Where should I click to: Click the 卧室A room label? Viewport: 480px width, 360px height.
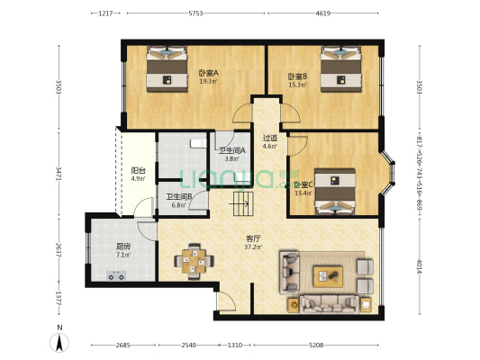click(x=208, y=76)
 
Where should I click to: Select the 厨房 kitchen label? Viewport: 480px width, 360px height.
click(x=122, y=250)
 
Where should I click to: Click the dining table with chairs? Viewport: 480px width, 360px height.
click(x=191, y=260)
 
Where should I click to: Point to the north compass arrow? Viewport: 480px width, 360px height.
click(x=59, y=342)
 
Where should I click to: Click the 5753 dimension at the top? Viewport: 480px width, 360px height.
click(x=195, y=13)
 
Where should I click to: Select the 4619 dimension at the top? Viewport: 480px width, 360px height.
click(x=323, y=13)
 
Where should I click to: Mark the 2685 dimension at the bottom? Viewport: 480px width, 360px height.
click(x=122, y=345)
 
